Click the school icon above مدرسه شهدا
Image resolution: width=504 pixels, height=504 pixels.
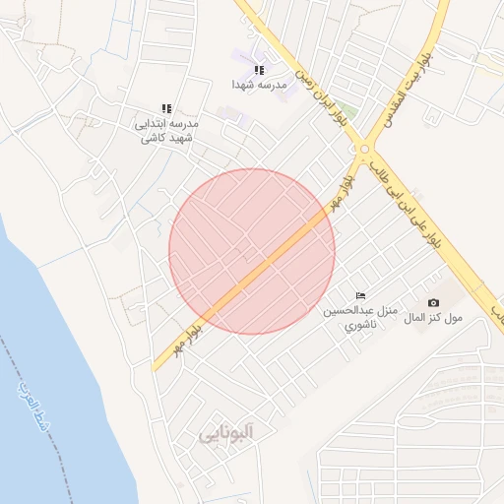(259, 70)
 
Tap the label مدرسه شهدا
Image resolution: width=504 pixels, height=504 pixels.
(259, 86)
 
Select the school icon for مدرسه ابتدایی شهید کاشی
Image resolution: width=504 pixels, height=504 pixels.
(166, 108)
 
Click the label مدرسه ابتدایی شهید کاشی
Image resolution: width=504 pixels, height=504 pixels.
(166, 131)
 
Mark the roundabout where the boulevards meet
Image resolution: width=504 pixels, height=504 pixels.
(365, 150)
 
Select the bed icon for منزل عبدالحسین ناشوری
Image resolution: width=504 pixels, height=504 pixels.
(360, 295)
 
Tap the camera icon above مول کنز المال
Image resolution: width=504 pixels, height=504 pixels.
(433, 302)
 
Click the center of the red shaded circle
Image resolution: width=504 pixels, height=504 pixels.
(252, 251)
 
